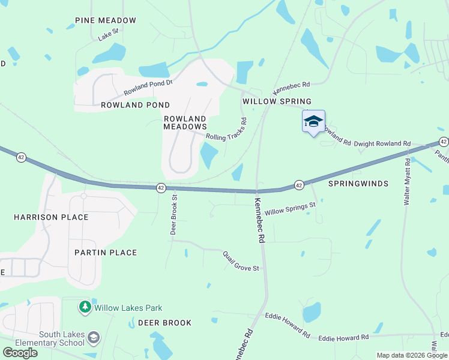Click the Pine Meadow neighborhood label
pos(106,20)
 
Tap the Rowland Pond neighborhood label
pos(136,105)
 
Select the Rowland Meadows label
pos(185,122)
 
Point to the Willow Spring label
pos(277,101)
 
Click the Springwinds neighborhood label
pos(358,184)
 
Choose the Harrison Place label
pos(51,217)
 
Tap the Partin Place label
pos(106,253)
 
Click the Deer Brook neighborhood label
pos(165,323)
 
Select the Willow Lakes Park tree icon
pos(85,308)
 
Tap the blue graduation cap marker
pos(313,121)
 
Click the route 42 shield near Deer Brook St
pos(161,188)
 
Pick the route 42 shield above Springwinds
pos(298,185)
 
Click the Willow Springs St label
pos(290,209)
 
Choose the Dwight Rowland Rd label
pos(382,144)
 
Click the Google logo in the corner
pos(20,353)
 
